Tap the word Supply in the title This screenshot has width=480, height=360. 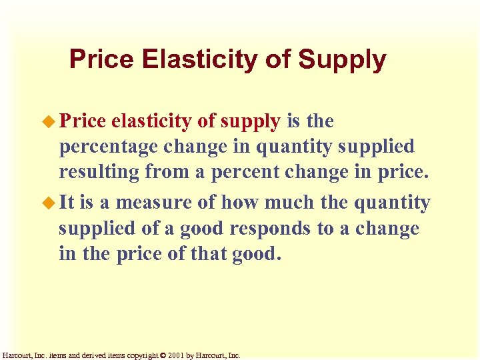click(342, 60)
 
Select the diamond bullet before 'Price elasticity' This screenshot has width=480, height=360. click(49, 121)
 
